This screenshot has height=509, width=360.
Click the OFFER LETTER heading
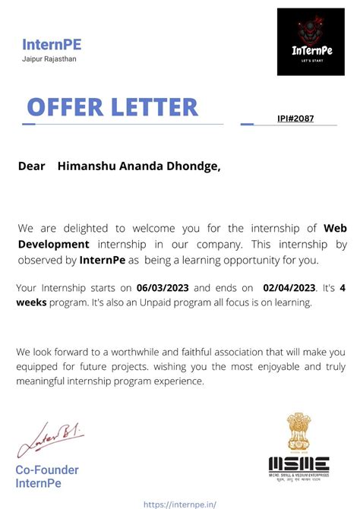point(112,108)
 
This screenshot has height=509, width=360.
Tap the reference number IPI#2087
point(295,119)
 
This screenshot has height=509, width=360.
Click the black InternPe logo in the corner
point(311,42)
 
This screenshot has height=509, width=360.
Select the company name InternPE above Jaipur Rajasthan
point(52,44)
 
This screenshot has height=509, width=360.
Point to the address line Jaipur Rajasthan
point(49,59)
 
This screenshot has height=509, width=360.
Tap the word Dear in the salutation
point(32,166)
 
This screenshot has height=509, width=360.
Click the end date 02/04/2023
point(289,289)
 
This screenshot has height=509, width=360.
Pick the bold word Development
point(53,244)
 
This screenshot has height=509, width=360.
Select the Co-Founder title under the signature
point(47,470)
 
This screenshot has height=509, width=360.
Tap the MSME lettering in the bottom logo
point(298,463)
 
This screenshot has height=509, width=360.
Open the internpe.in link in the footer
point(180,503)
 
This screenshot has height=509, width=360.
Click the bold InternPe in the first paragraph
point(102,260)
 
